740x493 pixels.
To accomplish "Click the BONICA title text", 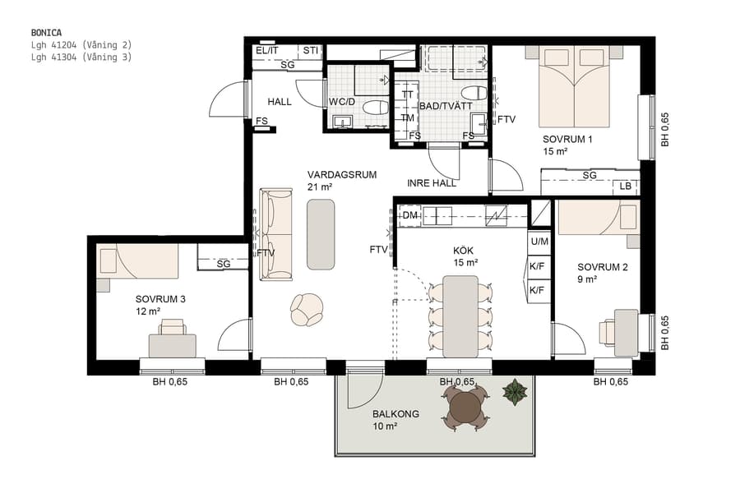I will click(46, 33).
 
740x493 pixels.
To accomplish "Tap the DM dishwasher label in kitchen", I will click(409, 216).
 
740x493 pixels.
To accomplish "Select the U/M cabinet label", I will click(539, 242).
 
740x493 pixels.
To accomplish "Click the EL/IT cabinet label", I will click(267, 51).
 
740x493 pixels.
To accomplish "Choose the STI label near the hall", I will click(310, 51).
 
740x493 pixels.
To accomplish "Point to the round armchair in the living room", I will click(308, 310).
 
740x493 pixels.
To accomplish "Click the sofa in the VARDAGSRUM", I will click(276, 234).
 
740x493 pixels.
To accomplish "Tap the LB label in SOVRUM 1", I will click(627, 187).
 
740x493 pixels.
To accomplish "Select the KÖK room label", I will click(464, 251).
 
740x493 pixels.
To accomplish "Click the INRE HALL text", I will click(432, 183).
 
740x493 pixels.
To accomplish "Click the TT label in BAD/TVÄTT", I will click(408, 94).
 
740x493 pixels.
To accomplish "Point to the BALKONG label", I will click(395, 414).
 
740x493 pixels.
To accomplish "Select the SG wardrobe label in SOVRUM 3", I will click(224, 264).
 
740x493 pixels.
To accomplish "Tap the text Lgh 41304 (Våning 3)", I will click(81, 58).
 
